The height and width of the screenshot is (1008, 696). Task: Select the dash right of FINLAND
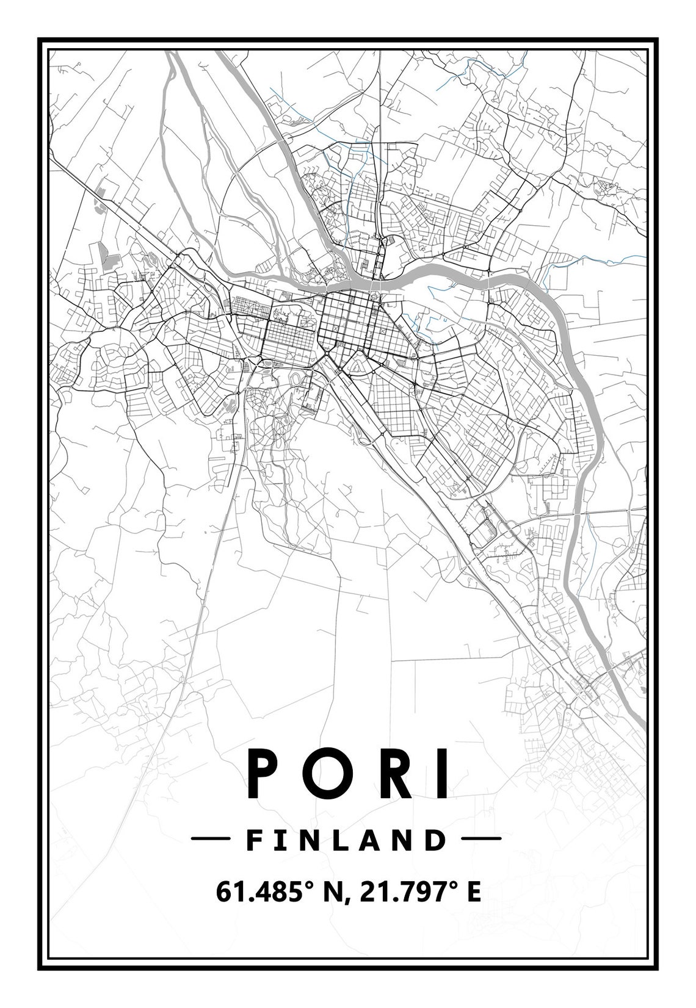pos(482,840)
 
